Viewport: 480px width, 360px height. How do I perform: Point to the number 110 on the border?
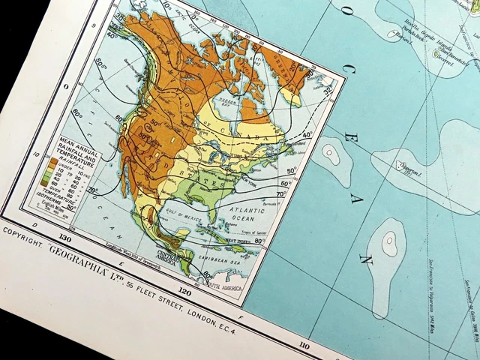point(304,324)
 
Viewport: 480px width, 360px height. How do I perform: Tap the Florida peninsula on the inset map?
point(212,218)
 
